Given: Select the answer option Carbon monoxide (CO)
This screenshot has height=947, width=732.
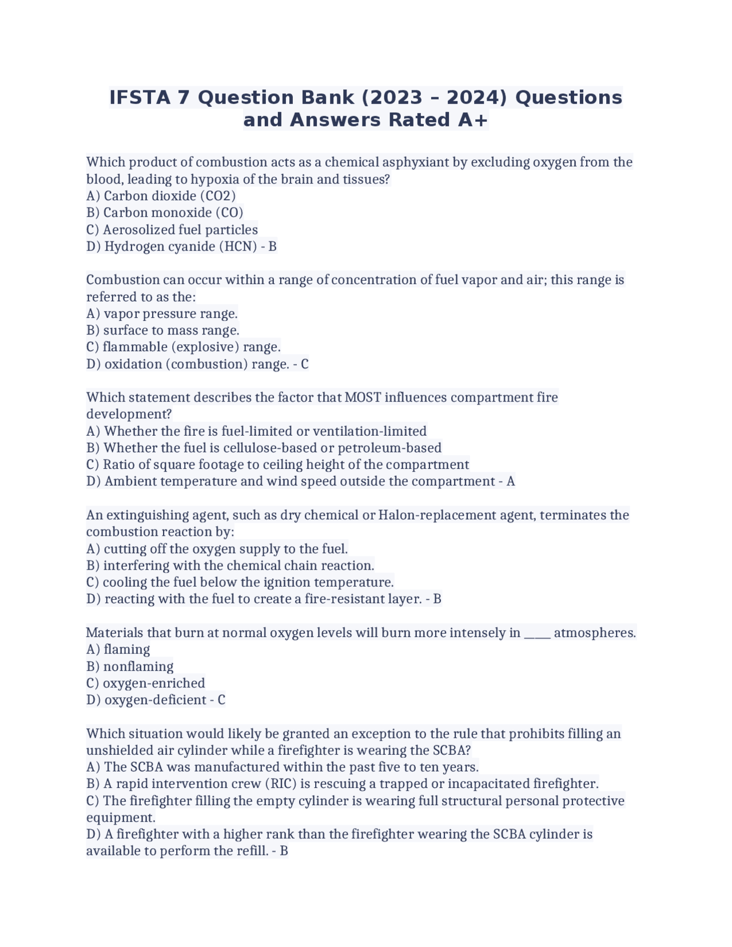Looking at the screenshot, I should pos(173,213).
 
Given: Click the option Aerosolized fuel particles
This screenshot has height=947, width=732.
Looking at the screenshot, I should pos(180,230).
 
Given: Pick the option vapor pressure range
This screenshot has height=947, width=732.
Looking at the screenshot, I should pos(170,314).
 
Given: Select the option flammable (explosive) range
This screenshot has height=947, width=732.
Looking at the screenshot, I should pos(192,347).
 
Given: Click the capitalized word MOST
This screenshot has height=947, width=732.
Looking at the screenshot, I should pos(363,397).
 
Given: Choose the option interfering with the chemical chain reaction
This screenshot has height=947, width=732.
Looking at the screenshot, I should pos(238,566).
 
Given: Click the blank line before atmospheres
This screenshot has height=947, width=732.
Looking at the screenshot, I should pos(537,633).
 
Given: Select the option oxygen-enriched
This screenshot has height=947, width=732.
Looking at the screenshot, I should pos(153,683).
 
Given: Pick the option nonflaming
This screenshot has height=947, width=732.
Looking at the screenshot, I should pos(138,667).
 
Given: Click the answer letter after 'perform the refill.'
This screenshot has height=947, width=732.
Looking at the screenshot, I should pos(284,851).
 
